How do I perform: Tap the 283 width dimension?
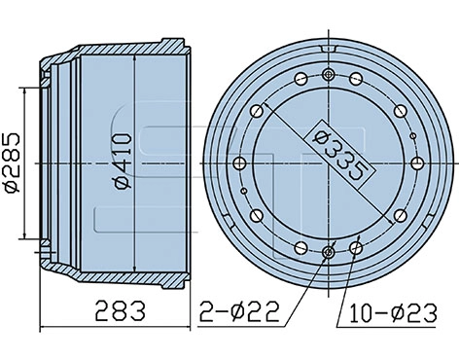coord(119,312)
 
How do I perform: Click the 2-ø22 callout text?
coord(238,312)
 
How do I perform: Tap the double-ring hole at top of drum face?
coord(332,76)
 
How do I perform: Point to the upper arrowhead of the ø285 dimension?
coord(23,90)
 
